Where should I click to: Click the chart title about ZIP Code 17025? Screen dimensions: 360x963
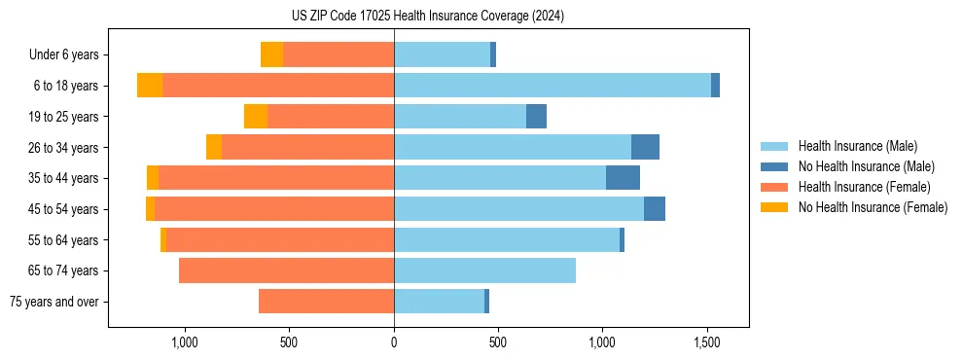pos(428,17)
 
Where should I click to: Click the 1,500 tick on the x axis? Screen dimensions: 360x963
pos(707,342)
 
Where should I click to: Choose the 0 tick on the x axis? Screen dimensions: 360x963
pos(394,342)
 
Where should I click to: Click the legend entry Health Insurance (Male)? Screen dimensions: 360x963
pos(857,146)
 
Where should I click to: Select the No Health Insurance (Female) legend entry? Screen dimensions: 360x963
pos(873,207)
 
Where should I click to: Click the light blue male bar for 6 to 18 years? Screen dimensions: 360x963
pos(553,86)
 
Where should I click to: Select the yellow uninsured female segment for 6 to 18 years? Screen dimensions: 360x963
pos(150,86)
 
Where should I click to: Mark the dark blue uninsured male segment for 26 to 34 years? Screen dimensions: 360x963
pos(645,147)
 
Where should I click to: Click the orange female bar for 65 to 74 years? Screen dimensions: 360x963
pos(286,270)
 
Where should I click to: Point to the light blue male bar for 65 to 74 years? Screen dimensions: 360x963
pos(484,270)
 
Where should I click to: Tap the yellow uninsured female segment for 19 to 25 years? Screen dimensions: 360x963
pos(256,117)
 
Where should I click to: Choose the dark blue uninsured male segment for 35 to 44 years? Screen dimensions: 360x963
pos(623,178)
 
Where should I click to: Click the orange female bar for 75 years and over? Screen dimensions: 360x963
pos(326,302)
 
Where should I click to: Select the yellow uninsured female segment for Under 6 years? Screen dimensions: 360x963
pos(271,54)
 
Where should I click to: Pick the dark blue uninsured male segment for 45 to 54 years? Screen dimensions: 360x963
pos(655,209)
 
